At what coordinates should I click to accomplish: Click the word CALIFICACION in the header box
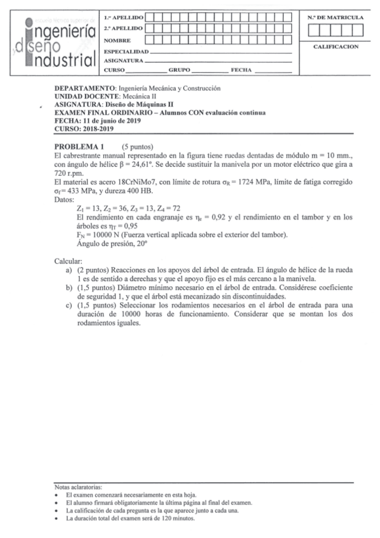click(x=336, y=46)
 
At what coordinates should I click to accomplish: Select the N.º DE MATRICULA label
click(x=336, y=17)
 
